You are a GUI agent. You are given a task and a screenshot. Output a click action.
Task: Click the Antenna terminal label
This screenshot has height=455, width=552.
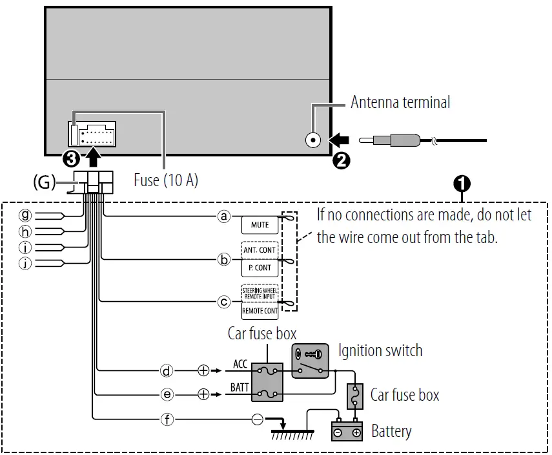400,102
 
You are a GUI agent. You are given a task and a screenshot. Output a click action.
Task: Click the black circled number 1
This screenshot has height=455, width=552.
462,184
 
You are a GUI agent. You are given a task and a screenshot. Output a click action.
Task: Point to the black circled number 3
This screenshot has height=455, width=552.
71,157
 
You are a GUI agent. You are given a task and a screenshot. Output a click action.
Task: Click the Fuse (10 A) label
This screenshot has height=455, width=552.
166,180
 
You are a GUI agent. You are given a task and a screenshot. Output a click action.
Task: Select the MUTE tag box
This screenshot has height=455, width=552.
260,226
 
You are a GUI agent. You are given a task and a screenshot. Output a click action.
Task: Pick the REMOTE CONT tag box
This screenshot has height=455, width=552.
260,311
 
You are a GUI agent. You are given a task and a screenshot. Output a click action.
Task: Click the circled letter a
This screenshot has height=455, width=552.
224,217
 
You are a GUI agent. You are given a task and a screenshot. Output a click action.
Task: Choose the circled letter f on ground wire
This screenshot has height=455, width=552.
167,419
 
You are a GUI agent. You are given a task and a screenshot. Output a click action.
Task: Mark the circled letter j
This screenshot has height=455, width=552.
25,262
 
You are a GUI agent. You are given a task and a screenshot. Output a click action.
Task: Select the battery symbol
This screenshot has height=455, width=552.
347,431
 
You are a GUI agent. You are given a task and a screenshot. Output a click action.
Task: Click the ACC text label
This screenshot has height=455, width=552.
240,364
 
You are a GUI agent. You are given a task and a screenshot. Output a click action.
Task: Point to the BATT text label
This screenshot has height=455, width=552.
240,388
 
